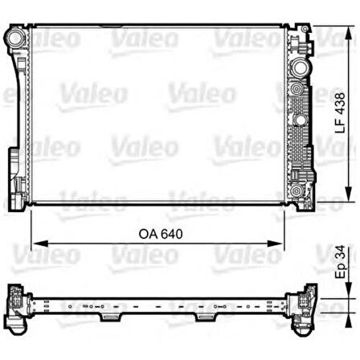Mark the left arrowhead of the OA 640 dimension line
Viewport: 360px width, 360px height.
pyautogui.click(x=34, y=243)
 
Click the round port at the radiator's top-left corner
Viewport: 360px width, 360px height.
pyautogui.click(x=14, y=37)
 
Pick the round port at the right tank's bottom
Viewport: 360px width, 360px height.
pyautogui.click(x=297, y=191)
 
